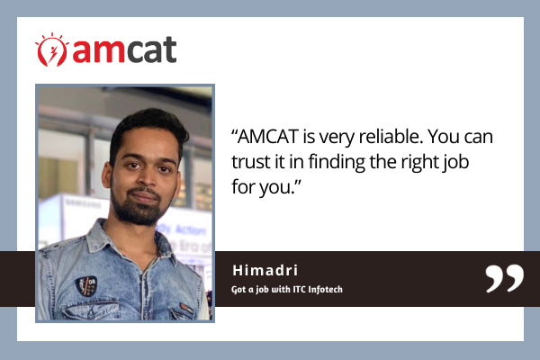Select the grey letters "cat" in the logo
pyautogui.click(x=151, y=49)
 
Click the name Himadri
pyautogui.click(x=265, y=270)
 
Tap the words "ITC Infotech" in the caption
pyautogui.click(x=318, y=290)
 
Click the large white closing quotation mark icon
pyautogui.click(x=505, y=278)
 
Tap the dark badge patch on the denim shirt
pyautogui.click(x=85, y=286)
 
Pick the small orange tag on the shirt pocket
pyautogui.click(x=186, y=308)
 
